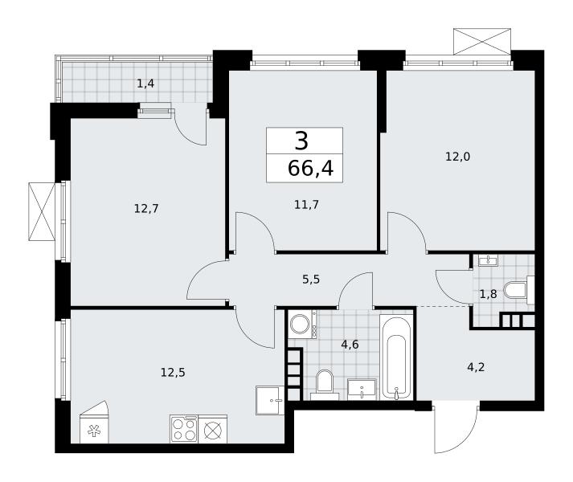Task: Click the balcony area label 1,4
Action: pyautogui.click(x=145, y=84)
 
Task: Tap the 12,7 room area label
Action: pyautogui.click(x=146, y=209)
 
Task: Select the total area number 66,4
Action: pyautogui.click(x=311, y=169)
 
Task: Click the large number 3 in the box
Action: pyautogui.click(x=301, y=141)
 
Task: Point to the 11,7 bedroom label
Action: pyautogui.click(x=306, y=205)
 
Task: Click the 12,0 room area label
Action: pyautogui.click(x=457, y=157)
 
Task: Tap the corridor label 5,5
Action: pyautogui.click(x=311, y=280)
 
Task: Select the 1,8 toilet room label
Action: pyautogui.click(x=489, y=294)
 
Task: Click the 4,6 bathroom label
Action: pyautogui.click(x=350, y=345)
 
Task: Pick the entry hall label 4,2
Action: pyautogui.click(x=476, y=367)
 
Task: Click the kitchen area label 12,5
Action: pyautogui.click(x=173, y=373)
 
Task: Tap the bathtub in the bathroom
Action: pyautogui.click(x=396, y=358)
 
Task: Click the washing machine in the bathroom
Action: pyautogui.click(x=302, y=324)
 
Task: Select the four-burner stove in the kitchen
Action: pyautogui.click(x=185, y=429)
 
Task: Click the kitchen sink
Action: pyautogui.click(x=270, y=400)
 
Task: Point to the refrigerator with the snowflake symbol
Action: pyautogui.click(x=94, y=423)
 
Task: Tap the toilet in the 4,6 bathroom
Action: pyautogui.click(x=325, y=385)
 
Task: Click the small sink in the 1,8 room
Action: pyautogui.click(x=489, y=261)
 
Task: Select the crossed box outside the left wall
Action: pyautogui.click(x=42, y=211)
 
